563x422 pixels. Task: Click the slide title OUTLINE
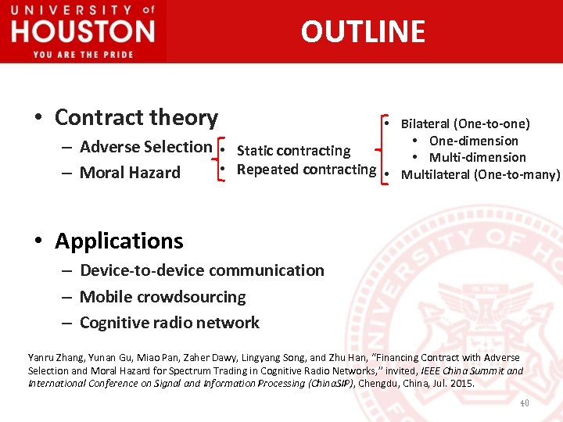point(363,31)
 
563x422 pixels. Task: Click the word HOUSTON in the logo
point(83,32)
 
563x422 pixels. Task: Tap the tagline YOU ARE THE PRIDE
point(83,54)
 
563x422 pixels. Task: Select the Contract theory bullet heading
point(136,117)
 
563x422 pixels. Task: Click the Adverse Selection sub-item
point(145,147)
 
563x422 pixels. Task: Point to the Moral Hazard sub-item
point(130,173)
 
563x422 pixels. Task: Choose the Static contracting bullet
point(293,151)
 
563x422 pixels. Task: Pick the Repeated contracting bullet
point(306,170)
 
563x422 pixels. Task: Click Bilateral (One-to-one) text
point(464,123)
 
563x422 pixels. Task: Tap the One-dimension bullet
point(473,141)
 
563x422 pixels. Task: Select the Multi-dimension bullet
point(477,158)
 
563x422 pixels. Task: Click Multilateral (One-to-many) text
point(480,175)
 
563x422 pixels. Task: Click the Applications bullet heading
point(119,241)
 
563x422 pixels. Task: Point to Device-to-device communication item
point(202,270)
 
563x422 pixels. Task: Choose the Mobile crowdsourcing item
point(163,297)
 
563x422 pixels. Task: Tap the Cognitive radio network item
point(170,323)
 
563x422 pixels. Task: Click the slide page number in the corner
point(524,402)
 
